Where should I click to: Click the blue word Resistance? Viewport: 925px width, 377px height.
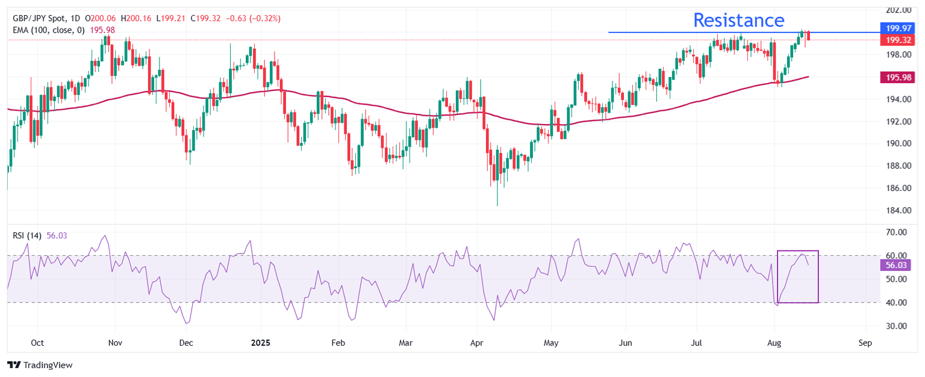click(x=738, y=20)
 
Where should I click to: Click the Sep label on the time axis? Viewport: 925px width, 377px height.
click(x=865, y=343)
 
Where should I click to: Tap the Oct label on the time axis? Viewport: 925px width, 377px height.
click(x=37, y=343)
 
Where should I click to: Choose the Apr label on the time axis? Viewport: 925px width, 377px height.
click(x=477, y=343)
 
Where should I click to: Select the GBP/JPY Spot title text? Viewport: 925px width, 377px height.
click(x=39, y=19)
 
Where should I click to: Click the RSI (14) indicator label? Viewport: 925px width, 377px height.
click(x=27, y=235)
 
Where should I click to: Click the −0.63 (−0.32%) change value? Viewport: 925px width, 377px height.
click(x=252, y=19)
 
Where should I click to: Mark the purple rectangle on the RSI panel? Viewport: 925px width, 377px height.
click(x=798, y=276)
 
